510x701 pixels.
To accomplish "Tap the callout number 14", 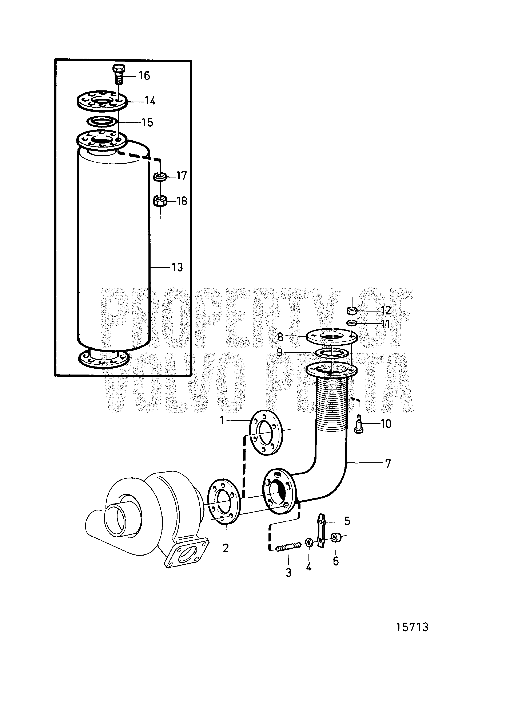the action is pyautogui.click(x=150, y=101).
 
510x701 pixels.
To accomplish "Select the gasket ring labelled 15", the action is pyautogui.click(x=102, y=121).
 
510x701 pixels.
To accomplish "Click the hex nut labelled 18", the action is pyautogui.click(x=160, y=201).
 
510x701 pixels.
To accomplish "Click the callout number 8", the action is pyautogui.click(x=280, y=337).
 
